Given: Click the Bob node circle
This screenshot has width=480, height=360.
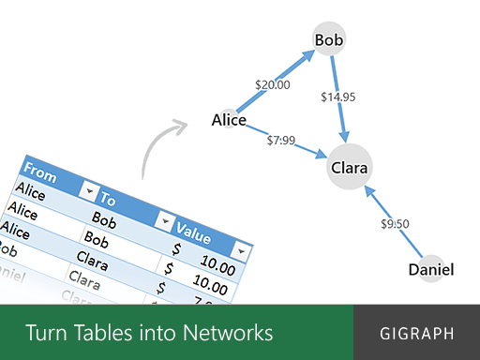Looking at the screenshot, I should click(330, 40).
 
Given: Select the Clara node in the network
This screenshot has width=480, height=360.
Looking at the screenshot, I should click(349, 170).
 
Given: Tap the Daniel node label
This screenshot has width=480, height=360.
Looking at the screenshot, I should click(431, 270).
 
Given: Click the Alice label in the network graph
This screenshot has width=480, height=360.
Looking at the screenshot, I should click(229, 120).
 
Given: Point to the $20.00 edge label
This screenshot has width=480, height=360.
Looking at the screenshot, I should click(273, 84).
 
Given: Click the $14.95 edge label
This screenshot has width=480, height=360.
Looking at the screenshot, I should click(337, 97).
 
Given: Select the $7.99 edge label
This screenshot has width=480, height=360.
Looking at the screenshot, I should click(281, 141).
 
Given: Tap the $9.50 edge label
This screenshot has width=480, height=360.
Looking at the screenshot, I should click(395, 224).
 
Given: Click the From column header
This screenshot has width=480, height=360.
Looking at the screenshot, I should click(39, 172).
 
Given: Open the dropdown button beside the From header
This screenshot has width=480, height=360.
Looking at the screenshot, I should click(89, 190).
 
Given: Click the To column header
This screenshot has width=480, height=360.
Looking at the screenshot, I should click(109, 200).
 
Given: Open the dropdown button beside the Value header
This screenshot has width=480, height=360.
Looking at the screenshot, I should click(243, 251).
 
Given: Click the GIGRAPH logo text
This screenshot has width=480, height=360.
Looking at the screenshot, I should click(417, 333).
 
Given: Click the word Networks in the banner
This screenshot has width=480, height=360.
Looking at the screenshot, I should click(228, 333).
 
